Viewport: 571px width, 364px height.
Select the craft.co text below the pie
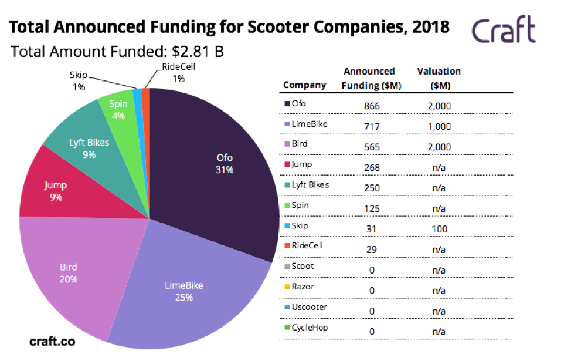click(x=52, y=341)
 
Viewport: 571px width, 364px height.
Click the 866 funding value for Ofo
click(x=372, y=106)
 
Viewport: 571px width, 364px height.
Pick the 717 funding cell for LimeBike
click(x=372, y=127)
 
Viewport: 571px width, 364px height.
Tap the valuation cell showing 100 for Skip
click(x=439, y=229)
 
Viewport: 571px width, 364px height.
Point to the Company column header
click(x=304, y=85)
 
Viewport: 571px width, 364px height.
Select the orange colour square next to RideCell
click(x=287, y=246)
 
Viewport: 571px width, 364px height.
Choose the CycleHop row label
click(x=310, y=327)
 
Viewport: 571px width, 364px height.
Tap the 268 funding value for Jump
click(x=372, y=167)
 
